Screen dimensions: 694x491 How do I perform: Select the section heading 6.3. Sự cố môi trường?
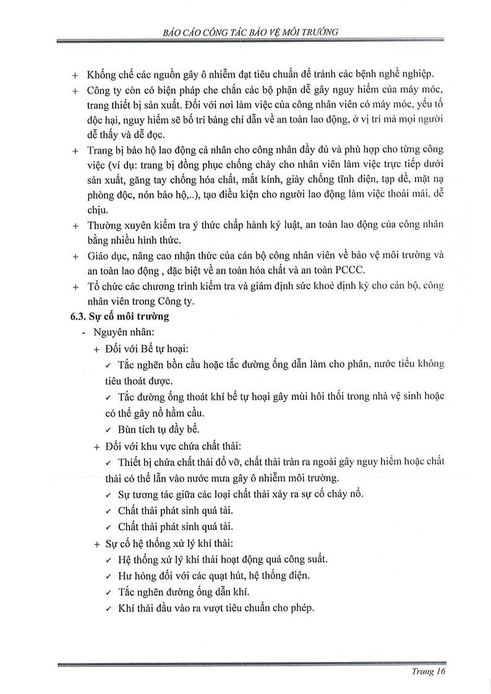121,317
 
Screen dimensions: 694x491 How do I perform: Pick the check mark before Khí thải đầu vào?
108,607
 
